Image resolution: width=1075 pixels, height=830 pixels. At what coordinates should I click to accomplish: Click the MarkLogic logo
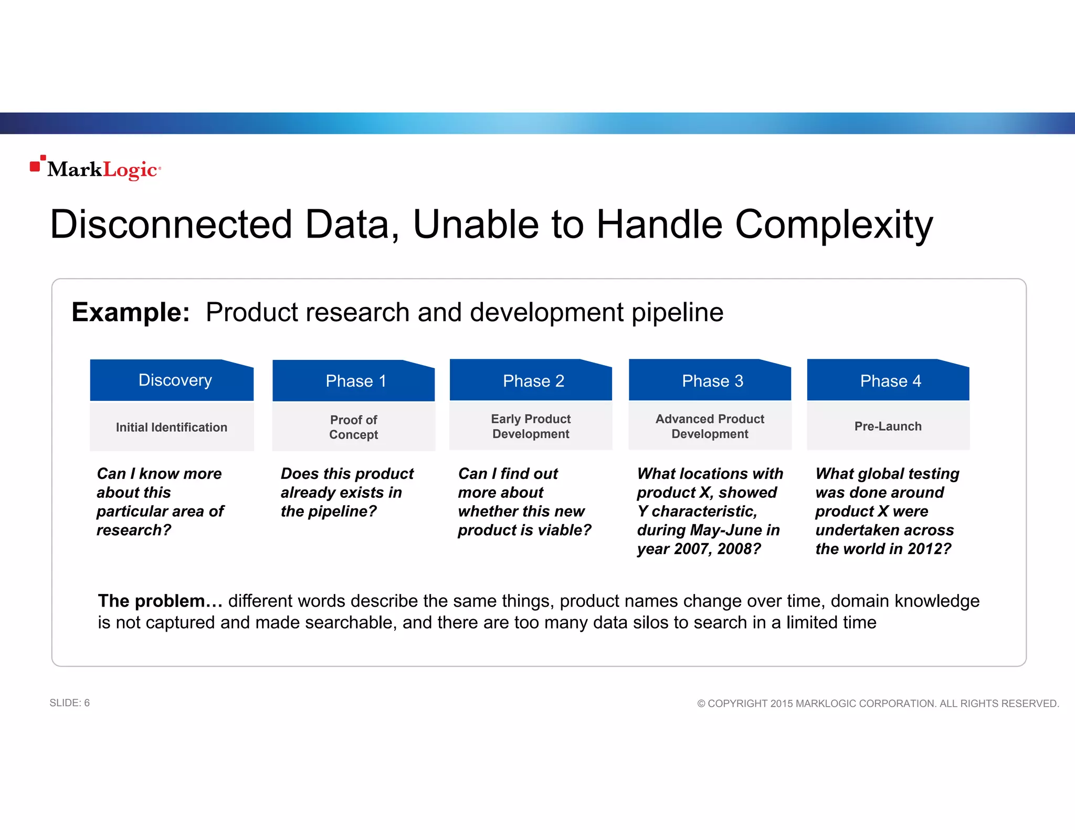(96, 168)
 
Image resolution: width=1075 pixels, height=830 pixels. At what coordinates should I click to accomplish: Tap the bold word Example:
(130, 312)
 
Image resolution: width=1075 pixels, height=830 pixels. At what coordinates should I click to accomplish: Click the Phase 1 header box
(353, 381)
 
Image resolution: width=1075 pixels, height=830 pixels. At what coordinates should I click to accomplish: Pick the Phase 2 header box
(531, 381)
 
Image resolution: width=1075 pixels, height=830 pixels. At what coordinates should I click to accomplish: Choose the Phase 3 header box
(710, 381)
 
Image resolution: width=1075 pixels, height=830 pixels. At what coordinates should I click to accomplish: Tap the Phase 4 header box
(888, 381)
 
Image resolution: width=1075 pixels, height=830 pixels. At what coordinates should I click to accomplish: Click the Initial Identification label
(172, 427)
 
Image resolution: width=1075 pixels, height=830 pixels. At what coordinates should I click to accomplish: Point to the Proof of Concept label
(353, 427)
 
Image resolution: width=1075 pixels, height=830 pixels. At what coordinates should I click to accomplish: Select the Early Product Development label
(531, 426)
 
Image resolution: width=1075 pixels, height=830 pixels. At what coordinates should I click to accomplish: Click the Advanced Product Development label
(710, 426)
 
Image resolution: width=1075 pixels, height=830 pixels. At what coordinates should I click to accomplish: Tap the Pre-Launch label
(888, 426)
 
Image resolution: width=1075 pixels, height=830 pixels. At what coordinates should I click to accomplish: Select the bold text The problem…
(160, 601)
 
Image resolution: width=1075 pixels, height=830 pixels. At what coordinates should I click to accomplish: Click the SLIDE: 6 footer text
(69, 703)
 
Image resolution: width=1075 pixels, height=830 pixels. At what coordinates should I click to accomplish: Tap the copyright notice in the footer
(878, 703)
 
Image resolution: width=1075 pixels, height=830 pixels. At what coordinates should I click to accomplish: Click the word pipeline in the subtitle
(677, 313)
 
